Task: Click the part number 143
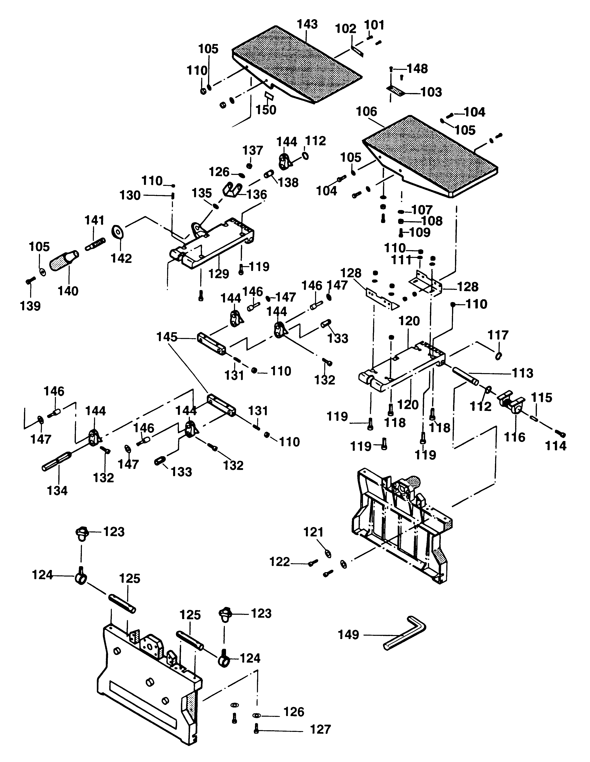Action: click(307, 24)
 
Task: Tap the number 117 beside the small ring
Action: click(498, 335)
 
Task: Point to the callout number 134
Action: click(57, 490)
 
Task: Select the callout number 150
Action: click(266, 110)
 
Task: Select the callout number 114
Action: click(556, 446)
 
